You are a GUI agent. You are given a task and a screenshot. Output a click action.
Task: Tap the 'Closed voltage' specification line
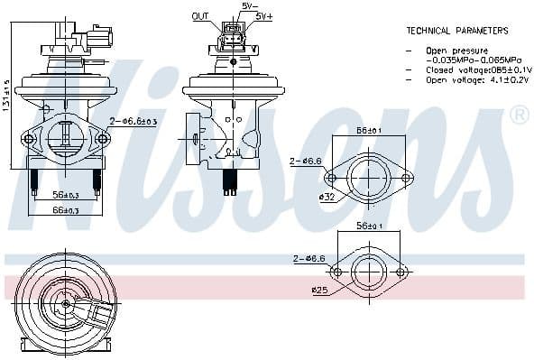click(469, 69)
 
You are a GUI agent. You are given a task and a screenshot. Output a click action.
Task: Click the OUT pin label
click(200, 16)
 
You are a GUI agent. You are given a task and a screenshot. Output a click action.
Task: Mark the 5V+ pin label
click(263, 16)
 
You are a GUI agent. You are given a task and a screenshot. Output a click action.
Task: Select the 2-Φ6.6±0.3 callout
click(133, 122)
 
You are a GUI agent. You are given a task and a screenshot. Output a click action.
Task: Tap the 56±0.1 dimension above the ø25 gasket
click(370, 226)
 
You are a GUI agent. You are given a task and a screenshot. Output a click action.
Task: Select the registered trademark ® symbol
click(519, 115)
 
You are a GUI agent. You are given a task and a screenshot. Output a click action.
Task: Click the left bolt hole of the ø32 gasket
click(331, 178)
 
